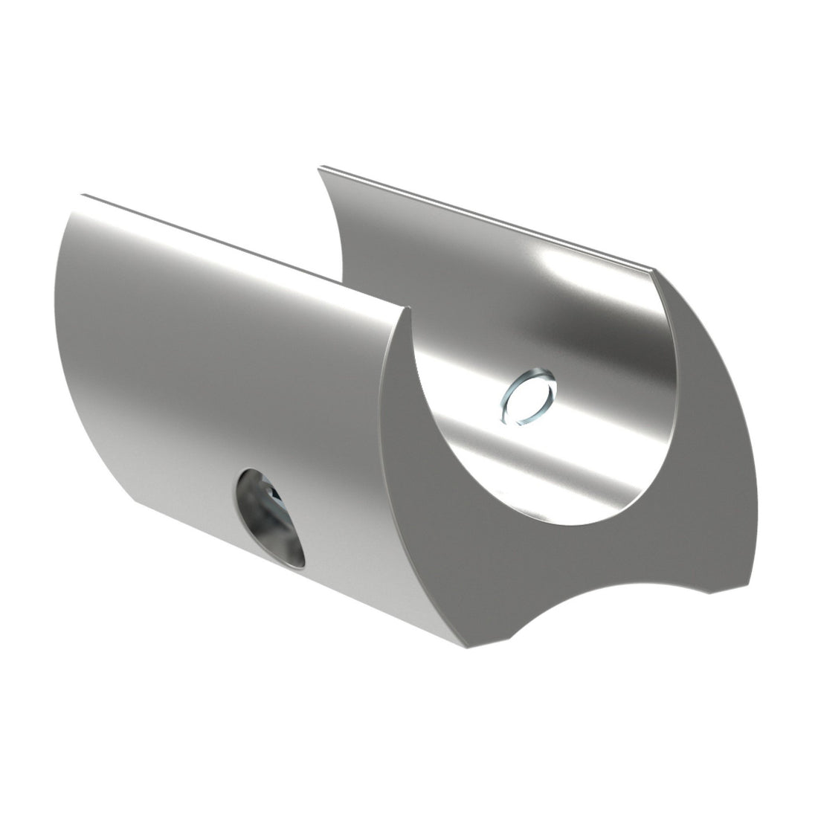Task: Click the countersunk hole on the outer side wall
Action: [271, 518]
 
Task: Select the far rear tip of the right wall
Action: [320, 169]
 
